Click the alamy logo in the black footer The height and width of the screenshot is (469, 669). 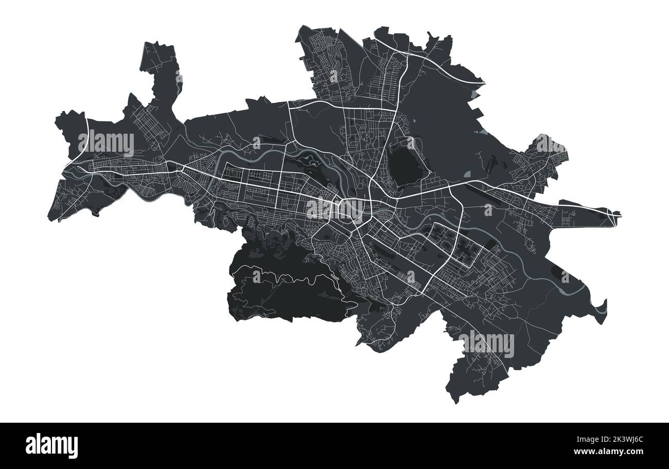coord(51,445)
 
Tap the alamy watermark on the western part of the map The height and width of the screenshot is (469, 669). coord(106,143)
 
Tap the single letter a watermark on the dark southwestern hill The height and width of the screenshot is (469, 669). coord(256,276)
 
